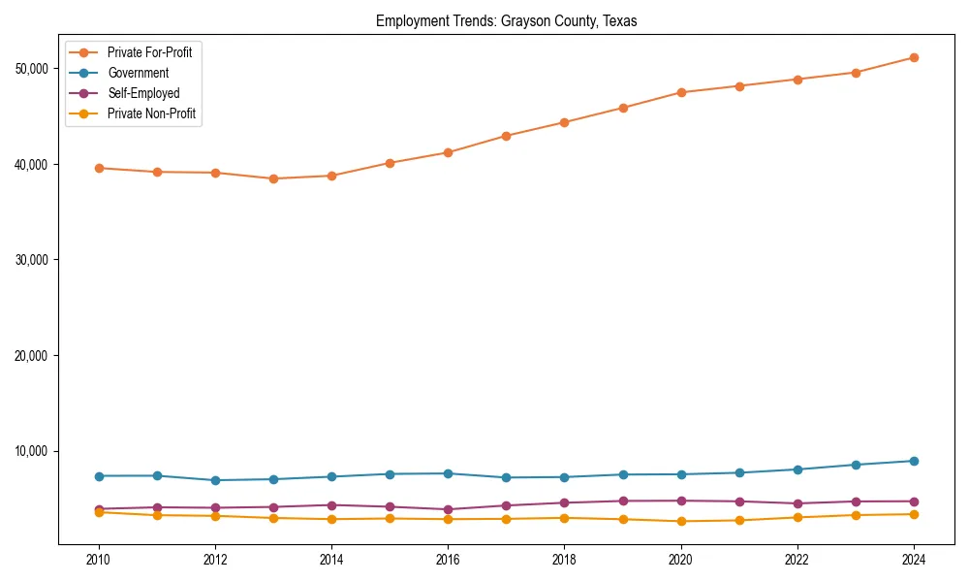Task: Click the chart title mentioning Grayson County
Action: [x=506, y=21]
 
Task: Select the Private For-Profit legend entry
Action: [x=149, y=52]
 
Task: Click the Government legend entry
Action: [x=138, y=73]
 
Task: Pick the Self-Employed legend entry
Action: [x=143, y=93]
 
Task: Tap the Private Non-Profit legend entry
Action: [x=151, y=113]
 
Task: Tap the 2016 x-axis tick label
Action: [x=448, y=560]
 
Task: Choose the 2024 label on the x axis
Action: [x=914, y=560]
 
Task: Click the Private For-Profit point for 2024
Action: [x=914, y=57]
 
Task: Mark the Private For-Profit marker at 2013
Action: [x=273, y=178]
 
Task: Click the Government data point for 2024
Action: [x=914, y=461]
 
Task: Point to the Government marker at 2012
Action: [x=215, y=480]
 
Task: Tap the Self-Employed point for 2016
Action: [x=448, y=509]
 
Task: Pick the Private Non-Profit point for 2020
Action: [x=681, y=521]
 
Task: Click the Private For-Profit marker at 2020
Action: [x=681, y=92]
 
